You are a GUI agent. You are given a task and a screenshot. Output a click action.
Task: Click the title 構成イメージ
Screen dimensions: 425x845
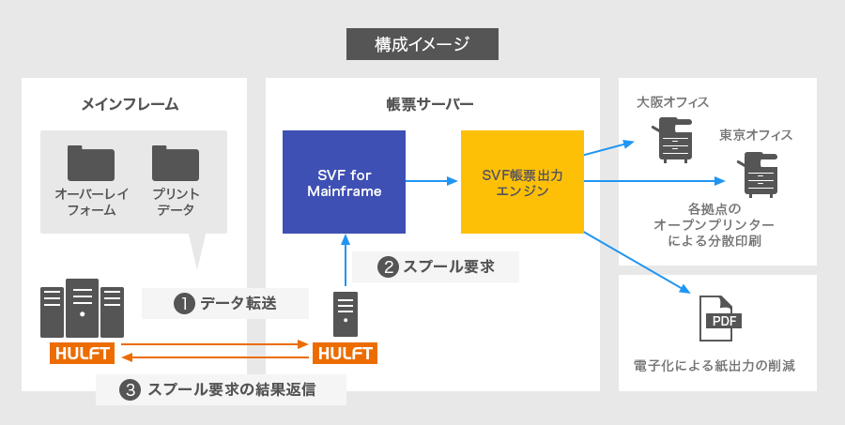[x=422, y=43]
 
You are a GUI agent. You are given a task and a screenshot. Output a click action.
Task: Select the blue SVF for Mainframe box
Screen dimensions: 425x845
[x=344, y=182]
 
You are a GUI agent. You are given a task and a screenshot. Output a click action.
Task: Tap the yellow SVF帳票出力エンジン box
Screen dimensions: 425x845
[x=522, y=182]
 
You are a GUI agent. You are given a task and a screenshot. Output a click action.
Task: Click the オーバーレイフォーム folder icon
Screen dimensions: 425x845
[x=90, y=162]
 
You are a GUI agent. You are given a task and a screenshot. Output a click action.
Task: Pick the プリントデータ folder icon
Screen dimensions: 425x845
[x=175, y=162]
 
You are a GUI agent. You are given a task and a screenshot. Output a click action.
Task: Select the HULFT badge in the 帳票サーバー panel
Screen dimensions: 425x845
[x=346, y=354]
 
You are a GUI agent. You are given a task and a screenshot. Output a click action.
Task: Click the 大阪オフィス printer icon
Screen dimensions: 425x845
[x=673, y=140]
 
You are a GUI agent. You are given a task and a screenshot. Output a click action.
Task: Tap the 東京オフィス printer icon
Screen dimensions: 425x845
[x=758, y=173]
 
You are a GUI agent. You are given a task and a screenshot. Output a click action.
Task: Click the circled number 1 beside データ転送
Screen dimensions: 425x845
[x=184, y=303]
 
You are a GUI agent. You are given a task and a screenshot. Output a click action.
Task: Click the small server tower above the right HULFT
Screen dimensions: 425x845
[x=346, y=313]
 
